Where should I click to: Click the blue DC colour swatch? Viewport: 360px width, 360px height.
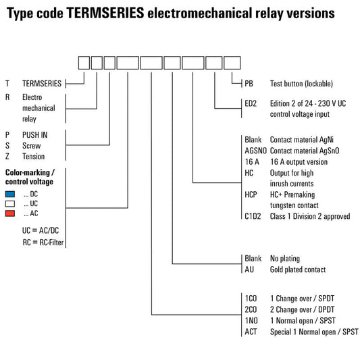pos(10,195)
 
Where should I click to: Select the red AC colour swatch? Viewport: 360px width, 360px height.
pos(10,213)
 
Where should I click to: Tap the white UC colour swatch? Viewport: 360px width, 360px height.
pos(10,204)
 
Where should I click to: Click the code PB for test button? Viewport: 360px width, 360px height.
pos(249,84)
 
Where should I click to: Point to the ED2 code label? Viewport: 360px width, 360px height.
pos(251,103)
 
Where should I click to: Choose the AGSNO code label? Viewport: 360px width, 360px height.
pos(255,151)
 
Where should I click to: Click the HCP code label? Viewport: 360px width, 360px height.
pos(251,195)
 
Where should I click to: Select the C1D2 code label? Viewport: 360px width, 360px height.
pos(253,216)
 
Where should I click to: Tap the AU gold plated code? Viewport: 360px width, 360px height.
pos(249,269)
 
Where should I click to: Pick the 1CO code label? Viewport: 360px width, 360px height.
pos(251,299)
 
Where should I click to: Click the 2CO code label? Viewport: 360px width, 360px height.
pos(251,309)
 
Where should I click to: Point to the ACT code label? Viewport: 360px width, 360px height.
pos(251,332)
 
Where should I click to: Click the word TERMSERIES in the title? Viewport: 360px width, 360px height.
pos(105,13)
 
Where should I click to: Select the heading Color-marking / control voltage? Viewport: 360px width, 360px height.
pos(30,177)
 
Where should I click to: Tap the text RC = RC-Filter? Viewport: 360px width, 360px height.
pos(43,242)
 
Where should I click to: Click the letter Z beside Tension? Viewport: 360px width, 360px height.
pos(7,156)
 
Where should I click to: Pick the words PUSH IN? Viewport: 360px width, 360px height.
pos(35,135)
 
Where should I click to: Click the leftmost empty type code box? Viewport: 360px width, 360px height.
pos(84,63)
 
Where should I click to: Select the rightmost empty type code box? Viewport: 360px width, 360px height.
pos(232,63)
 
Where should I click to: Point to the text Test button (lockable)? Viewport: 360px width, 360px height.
pos(301,84)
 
